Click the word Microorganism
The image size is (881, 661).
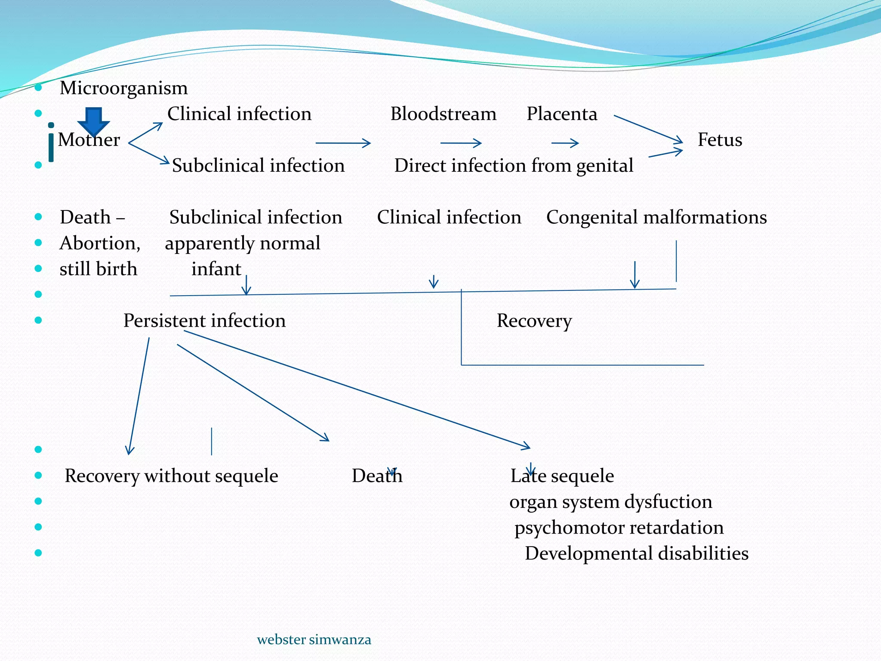click(123, 88)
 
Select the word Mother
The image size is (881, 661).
click(89, 140)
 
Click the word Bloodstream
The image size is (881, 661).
click(443, 114)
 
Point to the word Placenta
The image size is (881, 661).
click(562, 114)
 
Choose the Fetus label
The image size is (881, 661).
click(720, 140)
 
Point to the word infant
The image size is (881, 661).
click(216, 269)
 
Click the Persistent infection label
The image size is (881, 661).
click(204, 321)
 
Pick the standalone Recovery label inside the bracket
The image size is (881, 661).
click(534, 321)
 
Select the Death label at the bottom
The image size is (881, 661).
click(377, 476)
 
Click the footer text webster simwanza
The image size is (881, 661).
click(314, 639)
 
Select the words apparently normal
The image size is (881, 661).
click(243, 243)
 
